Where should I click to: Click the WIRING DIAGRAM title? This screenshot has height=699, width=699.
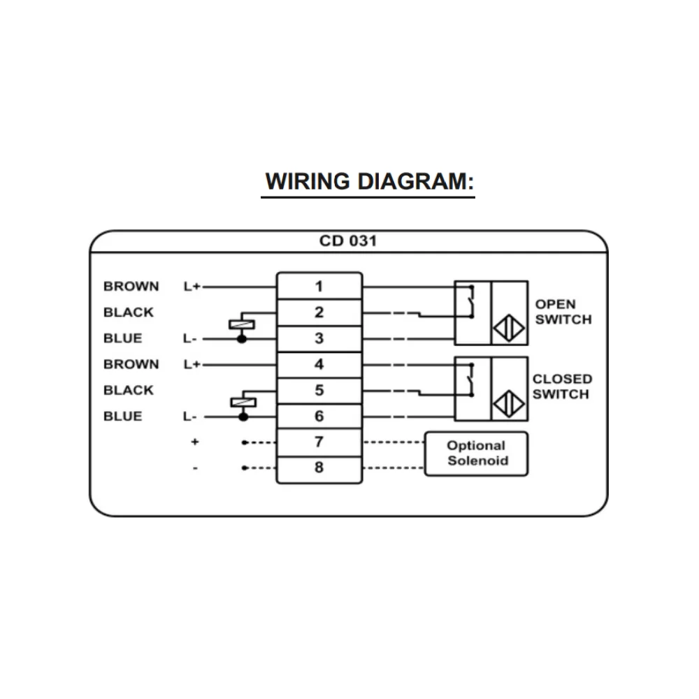pos(369,182)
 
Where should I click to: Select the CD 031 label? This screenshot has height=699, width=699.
pos(347,241)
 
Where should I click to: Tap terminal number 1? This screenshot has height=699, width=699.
pos(319,286)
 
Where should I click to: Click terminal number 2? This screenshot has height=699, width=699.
pos(319,312)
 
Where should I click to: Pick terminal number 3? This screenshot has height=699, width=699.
pos(319,338)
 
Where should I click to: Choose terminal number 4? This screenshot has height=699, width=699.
pos(319,364)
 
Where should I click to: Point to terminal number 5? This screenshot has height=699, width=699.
pos(319,390)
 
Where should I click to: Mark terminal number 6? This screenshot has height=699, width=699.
pos(319,416)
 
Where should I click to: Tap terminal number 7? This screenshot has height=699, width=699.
pos(319,442)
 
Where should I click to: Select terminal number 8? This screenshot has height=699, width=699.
pos(319,467)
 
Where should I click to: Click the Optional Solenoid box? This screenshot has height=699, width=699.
pos(476,453)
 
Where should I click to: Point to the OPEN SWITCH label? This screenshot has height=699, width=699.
pos(563,312)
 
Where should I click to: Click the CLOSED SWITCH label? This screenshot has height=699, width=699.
pos(562,387)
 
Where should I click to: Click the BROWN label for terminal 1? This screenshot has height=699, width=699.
pos(131,286)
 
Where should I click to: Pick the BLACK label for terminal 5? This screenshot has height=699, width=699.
pos(128,390)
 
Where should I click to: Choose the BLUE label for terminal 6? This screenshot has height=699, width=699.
pos(122,416)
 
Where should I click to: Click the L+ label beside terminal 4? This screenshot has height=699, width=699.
pos(192,364)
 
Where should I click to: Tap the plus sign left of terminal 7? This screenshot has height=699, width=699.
pos(195,442)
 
